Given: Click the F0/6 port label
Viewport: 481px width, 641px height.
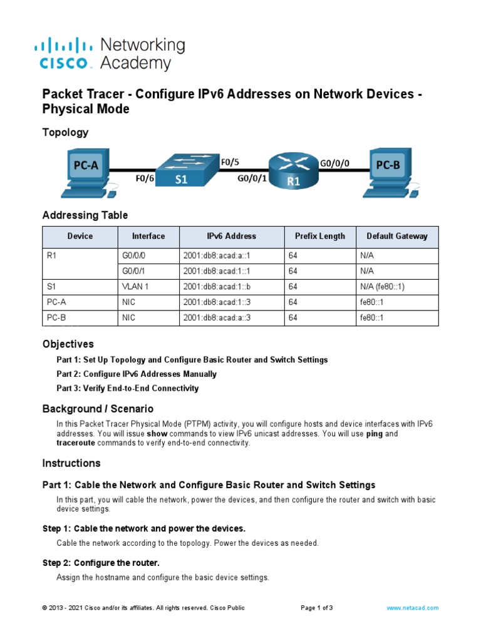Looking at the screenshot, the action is (145, 178).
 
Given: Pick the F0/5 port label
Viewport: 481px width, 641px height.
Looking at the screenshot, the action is (230, 162).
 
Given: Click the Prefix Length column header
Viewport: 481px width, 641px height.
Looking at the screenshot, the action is (319, 236).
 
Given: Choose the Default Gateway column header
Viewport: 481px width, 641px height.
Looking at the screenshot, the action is (397, 236).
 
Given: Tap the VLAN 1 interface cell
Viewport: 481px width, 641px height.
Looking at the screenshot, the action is (136, 287).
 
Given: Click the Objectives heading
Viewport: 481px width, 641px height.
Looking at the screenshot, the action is (68, 344).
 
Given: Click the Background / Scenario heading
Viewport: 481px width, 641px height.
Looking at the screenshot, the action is (98, 409).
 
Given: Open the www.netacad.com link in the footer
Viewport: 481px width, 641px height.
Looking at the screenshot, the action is (412, 608).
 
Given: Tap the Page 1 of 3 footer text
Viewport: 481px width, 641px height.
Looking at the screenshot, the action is (317, 608).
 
